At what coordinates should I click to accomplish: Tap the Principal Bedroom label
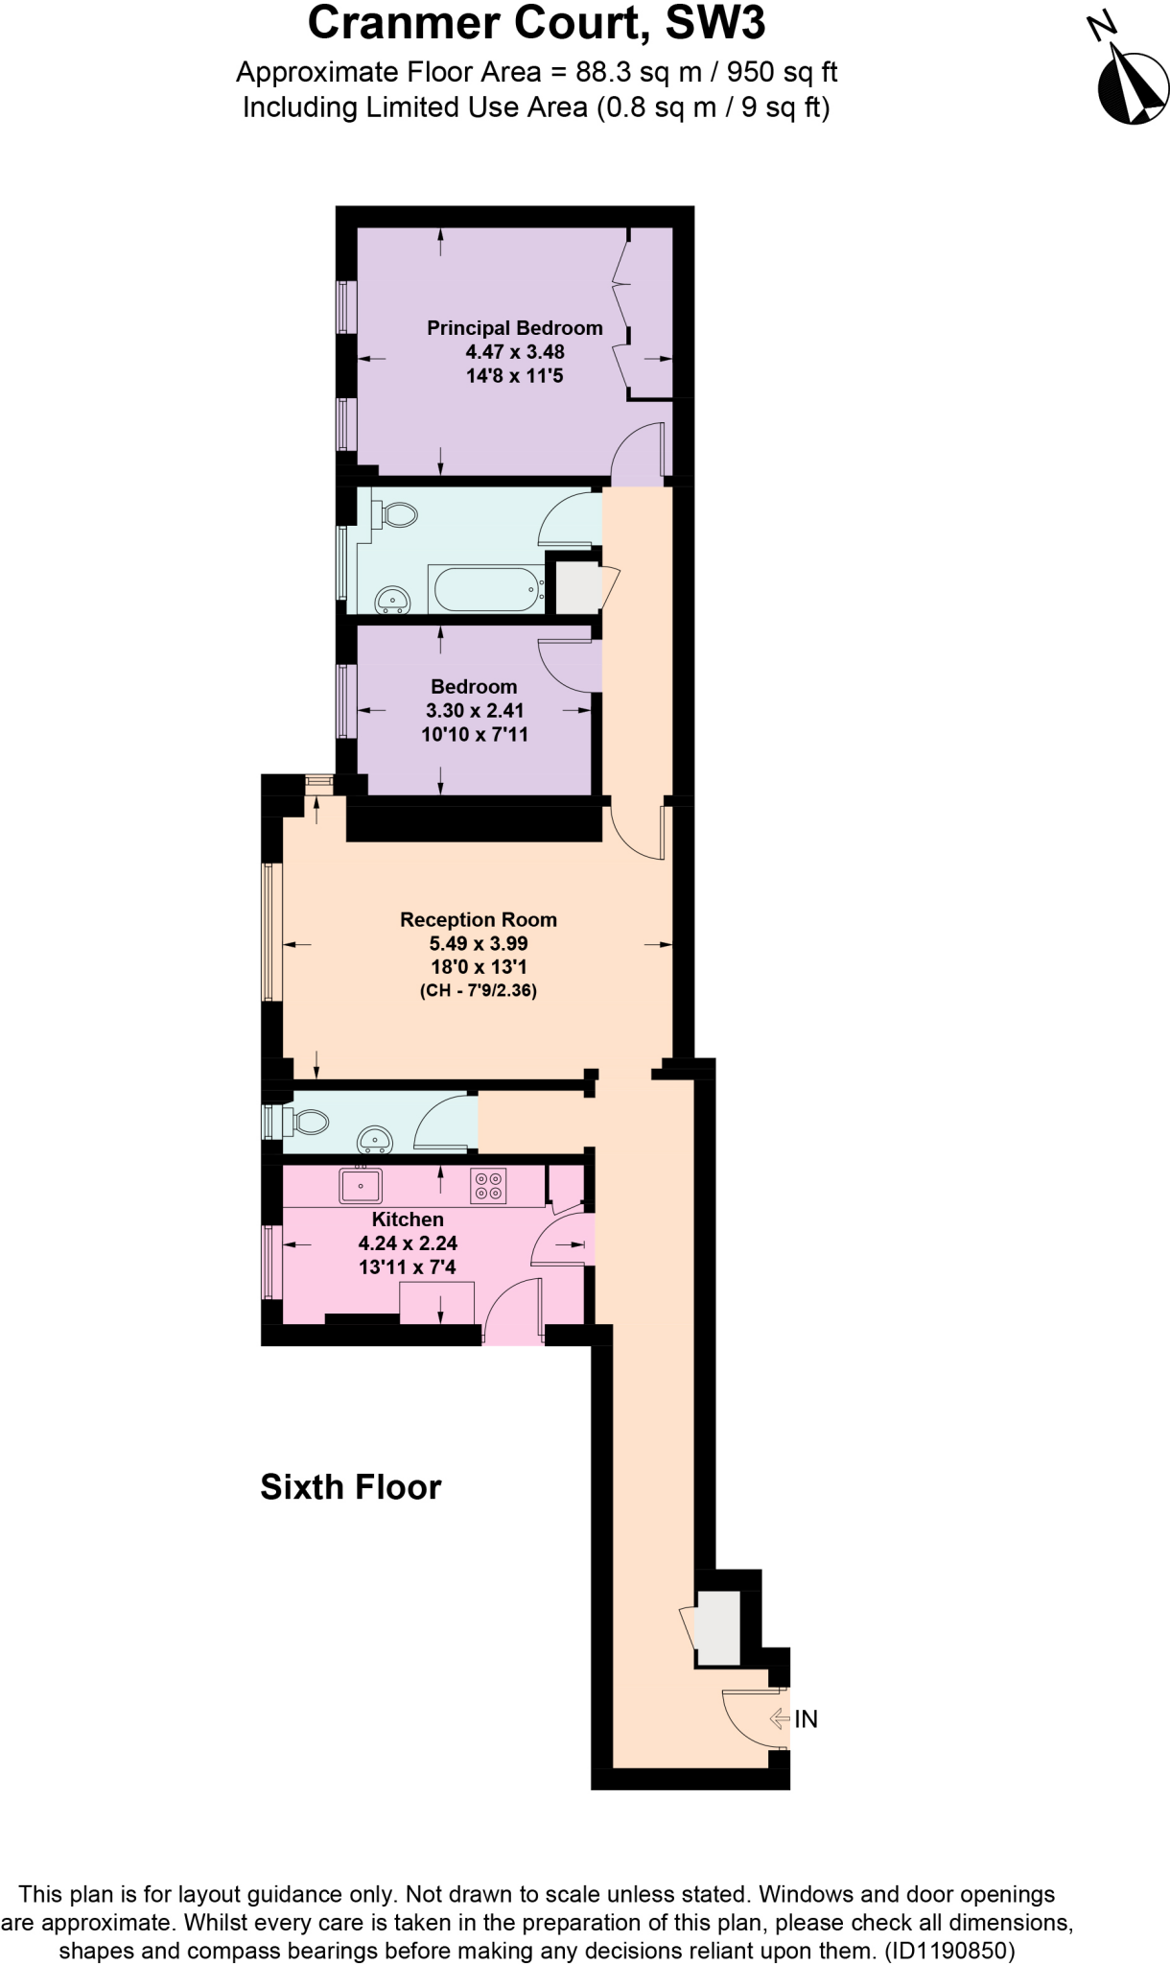click(x=514, y=328)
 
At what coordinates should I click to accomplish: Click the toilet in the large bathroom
click(x=397, y=515)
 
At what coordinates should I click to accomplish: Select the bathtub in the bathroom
click(x=485, y=588)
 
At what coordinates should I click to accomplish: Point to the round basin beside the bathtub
click(x=391, y=600)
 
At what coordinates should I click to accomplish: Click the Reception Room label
click(x=478, y=920)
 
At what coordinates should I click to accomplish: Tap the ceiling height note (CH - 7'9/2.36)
click(x=478, y=991)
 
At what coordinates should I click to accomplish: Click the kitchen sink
click(x=361, y=1185)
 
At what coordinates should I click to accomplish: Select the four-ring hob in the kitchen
click(x=488, y=1186)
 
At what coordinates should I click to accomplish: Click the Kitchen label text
click(x=408, y=1219)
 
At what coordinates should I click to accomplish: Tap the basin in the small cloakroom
click(x=375, y=1140)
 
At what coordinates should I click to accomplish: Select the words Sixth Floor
click(x=351, y=1487)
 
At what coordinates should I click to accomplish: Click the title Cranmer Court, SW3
click(x=536, y=25)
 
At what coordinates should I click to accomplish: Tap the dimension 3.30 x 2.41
click(x=475, y=711)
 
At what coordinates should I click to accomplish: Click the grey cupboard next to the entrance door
click(x=717, y=1627)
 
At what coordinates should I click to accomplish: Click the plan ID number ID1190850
click(x=947, y=1950)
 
